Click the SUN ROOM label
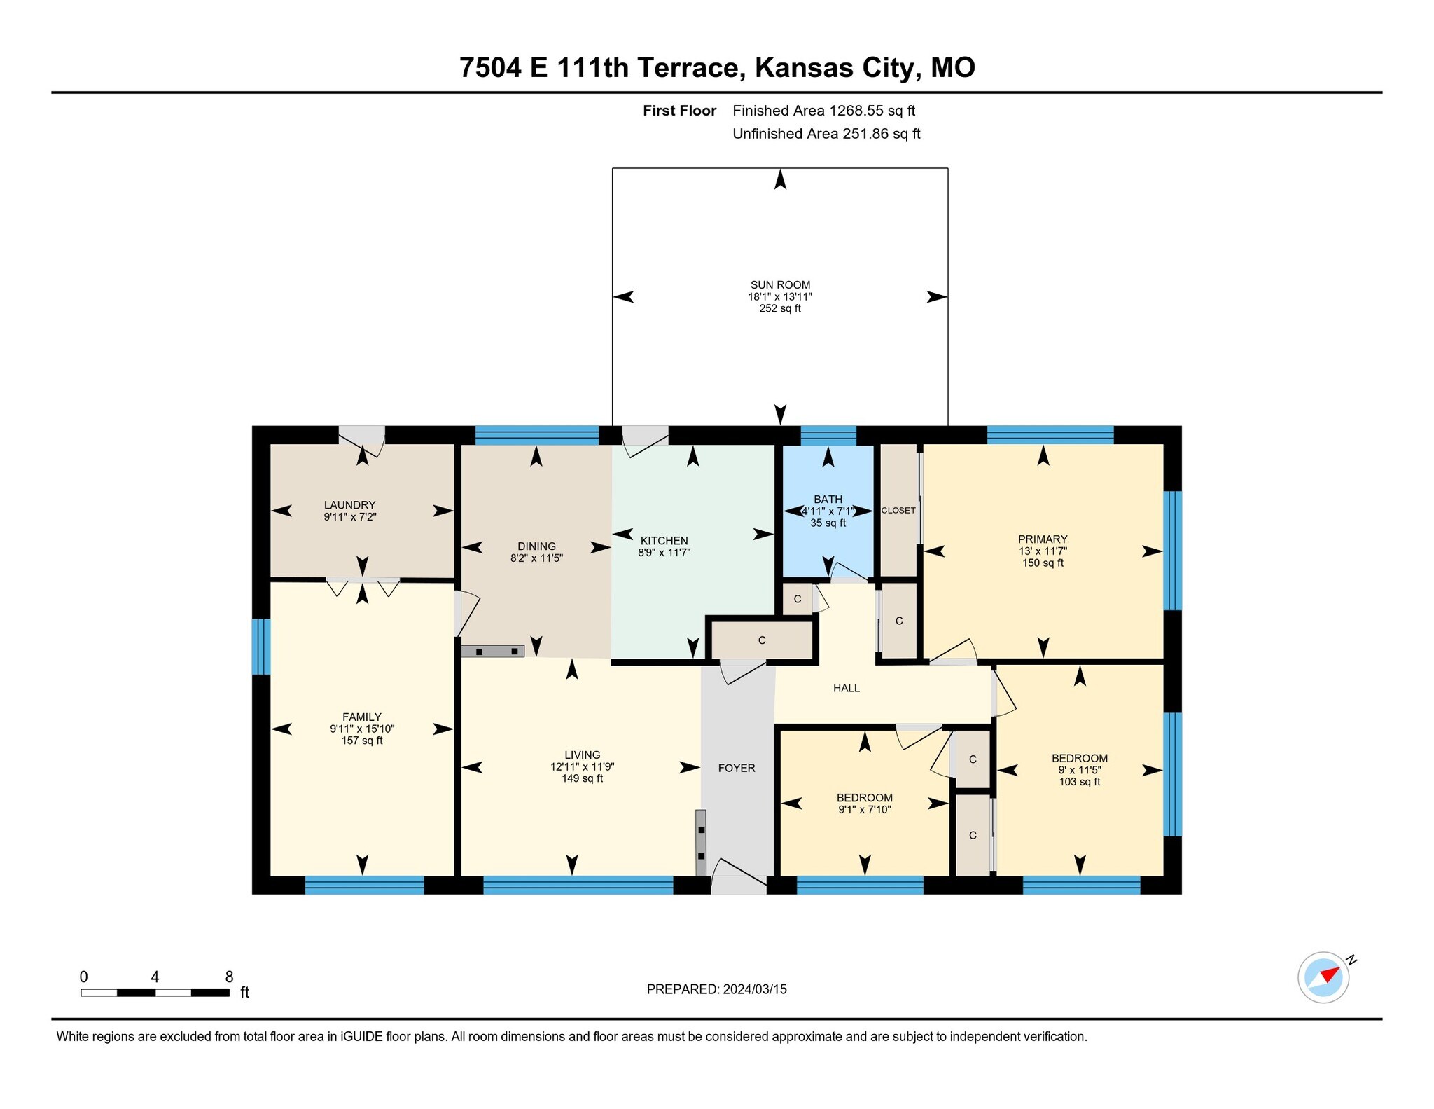point(780,285)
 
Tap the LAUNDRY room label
point(349,505)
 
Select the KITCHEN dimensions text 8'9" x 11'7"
point(664,553)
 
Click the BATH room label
point(828,500)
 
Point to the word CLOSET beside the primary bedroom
point(898,511)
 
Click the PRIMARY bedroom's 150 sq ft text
point(1043,563)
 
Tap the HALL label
point(846,689)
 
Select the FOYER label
point(737,769)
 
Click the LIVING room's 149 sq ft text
point(582,779)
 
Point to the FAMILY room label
point(362,717)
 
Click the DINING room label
point(536,546)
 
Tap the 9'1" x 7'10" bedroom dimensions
point(864,810)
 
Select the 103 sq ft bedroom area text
point(1079,782)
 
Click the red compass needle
point(1330,974)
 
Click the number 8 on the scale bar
point(229,977)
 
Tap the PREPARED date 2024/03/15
point(755,989)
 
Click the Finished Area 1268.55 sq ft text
point(823,111)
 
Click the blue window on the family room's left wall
point(260,646)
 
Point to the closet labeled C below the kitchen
point(762,640)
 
